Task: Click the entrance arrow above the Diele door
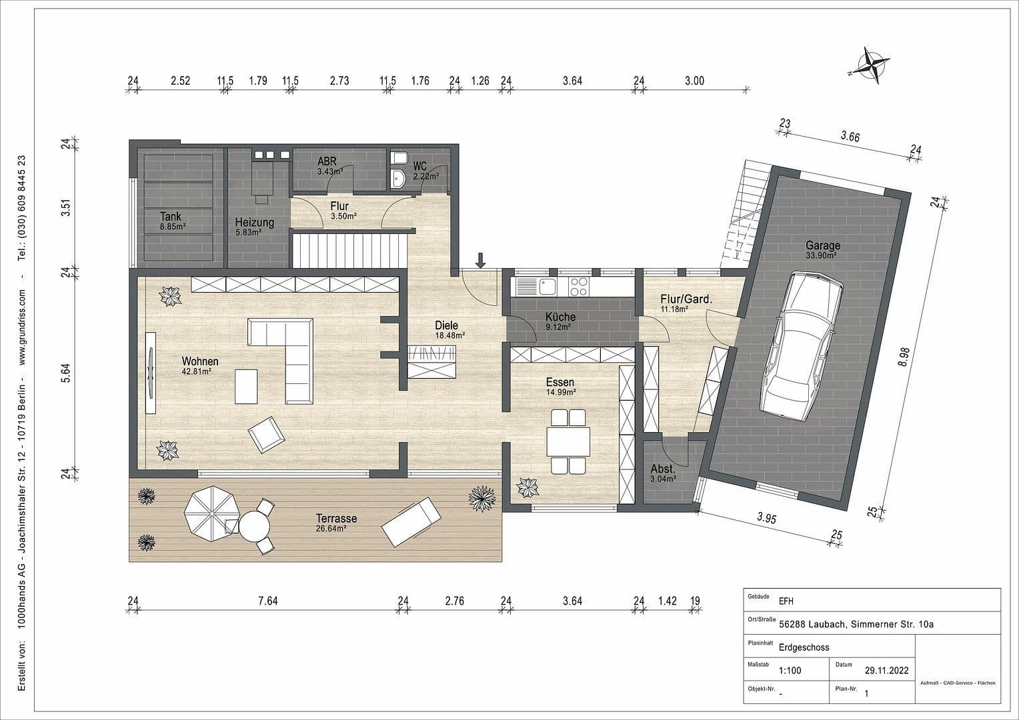point(480,259)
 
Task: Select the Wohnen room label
point(200,361)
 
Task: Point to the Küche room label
point(560,317)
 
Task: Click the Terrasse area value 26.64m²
point(336,529)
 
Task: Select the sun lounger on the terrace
point(411,521)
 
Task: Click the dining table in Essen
point(568,441)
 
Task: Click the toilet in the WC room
point(400,158)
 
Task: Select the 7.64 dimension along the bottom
point(267,601)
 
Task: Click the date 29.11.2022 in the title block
point(886,671)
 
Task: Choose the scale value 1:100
point(790,671)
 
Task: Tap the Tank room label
point(171,217)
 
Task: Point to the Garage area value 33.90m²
point(822,255)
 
